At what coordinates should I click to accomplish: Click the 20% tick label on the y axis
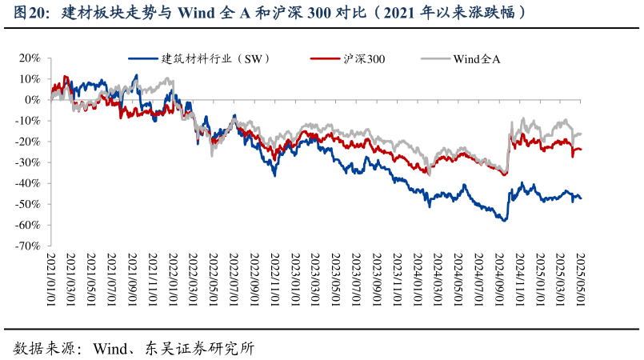point(30,58)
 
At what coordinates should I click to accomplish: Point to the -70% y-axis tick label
point(28,246)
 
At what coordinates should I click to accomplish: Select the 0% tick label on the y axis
point(33,100)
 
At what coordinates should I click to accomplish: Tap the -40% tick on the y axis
point(28,183)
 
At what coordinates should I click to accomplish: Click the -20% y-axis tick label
point(28,142)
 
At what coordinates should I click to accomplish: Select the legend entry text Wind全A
point(477,58)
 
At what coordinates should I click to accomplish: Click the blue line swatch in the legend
point(142,58)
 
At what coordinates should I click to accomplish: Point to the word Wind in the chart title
point(194,13)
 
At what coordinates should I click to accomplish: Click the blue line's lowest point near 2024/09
point(505,220)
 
